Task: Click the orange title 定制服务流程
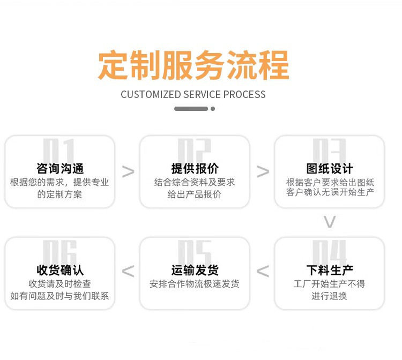point(193,65)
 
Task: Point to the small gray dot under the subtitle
point(213,109)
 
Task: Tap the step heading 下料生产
point(330,270)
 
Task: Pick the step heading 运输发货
point(195,270)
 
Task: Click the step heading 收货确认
point(60,270)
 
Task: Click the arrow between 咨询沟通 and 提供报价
point(128,172)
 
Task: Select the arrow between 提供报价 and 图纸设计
point(263,172)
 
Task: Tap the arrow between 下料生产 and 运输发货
point(263,272)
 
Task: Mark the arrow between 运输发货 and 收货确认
point(128,272)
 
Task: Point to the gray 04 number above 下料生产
point(330,251)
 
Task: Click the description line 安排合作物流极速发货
point(195,284)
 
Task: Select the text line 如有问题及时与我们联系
point(59,296)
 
